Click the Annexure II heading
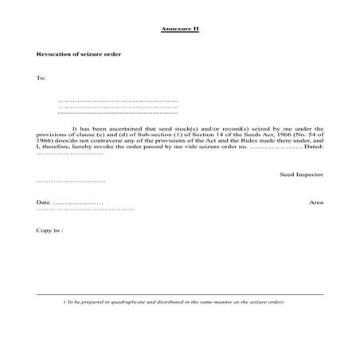179,28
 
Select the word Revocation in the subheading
54,54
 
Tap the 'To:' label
41,78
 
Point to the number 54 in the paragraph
307,135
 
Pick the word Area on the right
316,203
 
